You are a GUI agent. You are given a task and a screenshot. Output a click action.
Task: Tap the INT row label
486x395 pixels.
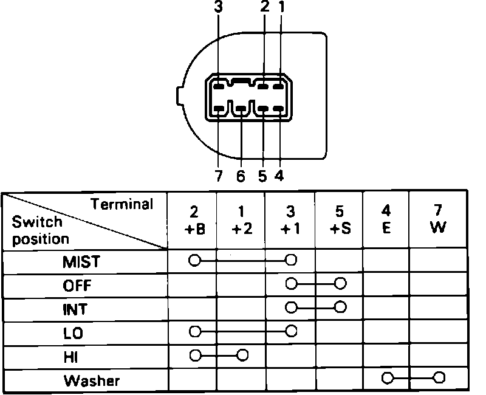(x=75, y=309)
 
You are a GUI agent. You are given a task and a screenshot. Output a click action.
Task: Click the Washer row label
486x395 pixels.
(x=92, y=381)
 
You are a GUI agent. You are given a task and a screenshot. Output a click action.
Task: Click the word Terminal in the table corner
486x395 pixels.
(x=122, y=204)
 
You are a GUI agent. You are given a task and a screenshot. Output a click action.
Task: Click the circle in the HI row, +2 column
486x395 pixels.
(x=243, y=355)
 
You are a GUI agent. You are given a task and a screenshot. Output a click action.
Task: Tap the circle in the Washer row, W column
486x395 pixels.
(x=439, y=379)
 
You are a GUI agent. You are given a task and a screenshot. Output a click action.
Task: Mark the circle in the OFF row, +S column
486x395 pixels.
(x=340, y=284)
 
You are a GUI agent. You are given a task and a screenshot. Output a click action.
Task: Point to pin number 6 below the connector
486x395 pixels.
(x=241, y=176)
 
